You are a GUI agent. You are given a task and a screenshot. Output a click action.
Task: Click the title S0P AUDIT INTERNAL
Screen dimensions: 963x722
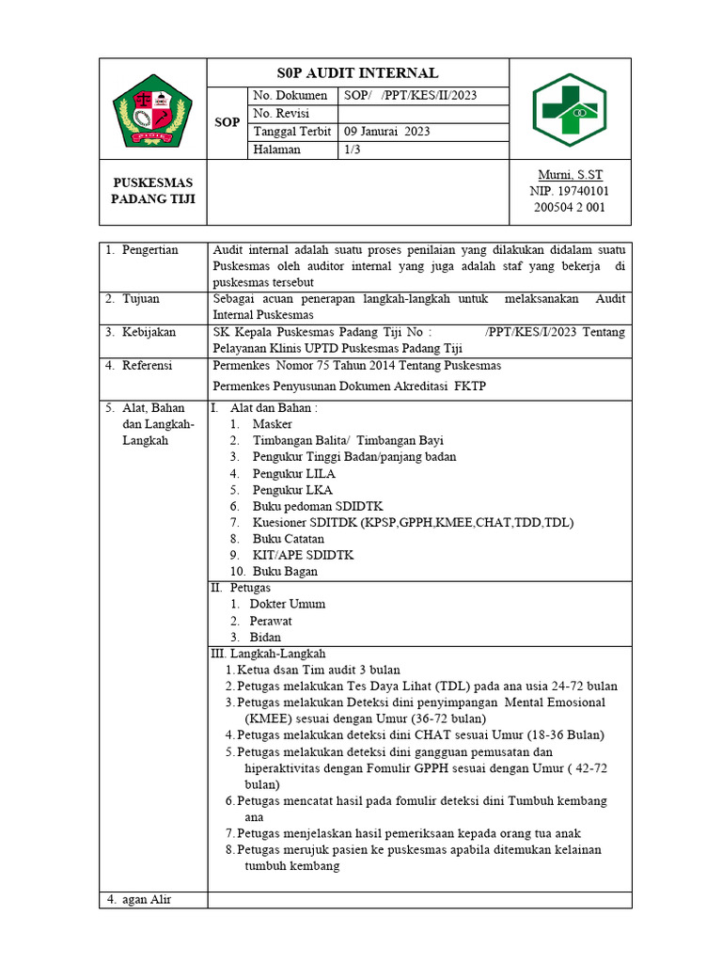click(x=357, y=73)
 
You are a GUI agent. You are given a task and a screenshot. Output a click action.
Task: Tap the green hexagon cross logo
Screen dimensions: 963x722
click(x=570, y=111)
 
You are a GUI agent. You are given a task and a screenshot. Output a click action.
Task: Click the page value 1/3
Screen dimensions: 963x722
click(x=353, y=150)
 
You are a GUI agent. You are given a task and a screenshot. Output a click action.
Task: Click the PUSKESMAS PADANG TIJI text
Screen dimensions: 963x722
click(x=152, y=190)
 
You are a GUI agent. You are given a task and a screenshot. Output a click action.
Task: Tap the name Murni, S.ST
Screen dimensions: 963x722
click(x=570, y=175)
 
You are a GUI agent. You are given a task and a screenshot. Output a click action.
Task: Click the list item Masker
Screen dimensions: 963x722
click(x=272, y=424)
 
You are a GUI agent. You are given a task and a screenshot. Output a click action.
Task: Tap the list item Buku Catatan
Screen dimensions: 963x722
click(x=288, y=539)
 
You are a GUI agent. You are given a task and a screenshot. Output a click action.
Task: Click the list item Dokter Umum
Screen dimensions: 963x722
click(x=287, y=605)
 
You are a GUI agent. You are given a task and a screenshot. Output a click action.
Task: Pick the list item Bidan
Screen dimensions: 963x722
click(x=265, y=638)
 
